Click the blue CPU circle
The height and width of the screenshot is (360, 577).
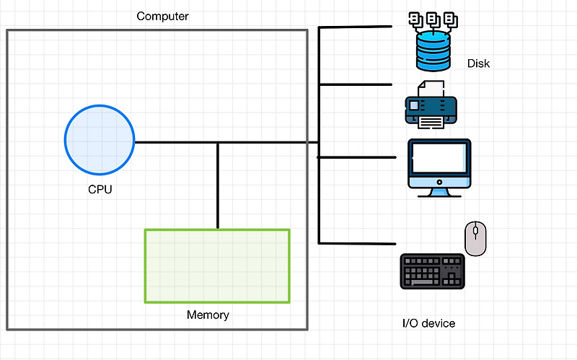click(100, 140)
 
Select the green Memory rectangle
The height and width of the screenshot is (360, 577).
click(217, 265)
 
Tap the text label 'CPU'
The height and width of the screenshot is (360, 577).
click(100, 190)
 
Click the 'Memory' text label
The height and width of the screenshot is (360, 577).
click(208, 315)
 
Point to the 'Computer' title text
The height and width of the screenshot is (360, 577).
click(162, 16)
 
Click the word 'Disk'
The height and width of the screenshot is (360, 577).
click(478, 63)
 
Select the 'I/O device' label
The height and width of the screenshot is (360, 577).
click(428, 323)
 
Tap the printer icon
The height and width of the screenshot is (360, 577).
click(431, 108)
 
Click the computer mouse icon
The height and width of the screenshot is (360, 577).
click(475, 239)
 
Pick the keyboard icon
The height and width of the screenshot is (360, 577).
click(432, 271)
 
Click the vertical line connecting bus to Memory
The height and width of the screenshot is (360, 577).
click(218, 185)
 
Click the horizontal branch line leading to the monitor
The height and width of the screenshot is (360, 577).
click(358, 157)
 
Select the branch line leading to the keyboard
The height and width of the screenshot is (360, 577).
click(358, 242)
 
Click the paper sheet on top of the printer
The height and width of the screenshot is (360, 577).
click(431, 89)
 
